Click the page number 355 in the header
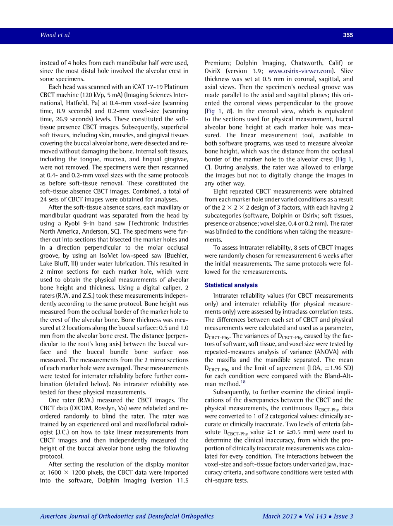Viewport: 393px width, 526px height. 348,35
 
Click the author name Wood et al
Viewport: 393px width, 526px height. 55,35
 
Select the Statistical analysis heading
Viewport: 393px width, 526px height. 231,285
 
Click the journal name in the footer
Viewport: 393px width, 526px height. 127,516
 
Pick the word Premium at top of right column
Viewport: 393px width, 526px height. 218,63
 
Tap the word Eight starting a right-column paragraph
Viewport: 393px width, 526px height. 221,191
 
